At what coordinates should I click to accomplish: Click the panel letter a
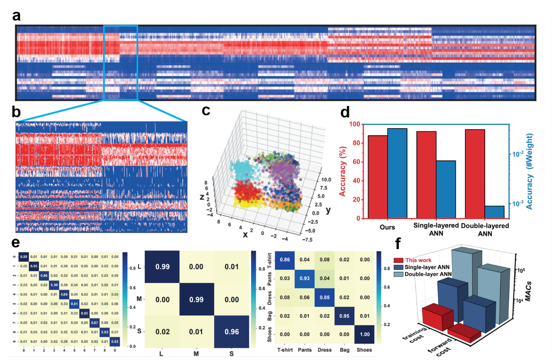click(17, 17)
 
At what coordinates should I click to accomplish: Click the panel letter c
click(208, 110)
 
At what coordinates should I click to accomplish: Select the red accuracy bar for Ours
click(378, 177)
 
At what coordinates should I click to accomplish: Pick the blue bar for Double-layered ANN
click(495, 212)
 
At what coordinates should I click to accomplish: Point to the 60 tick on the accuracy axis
click(361, 162)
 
